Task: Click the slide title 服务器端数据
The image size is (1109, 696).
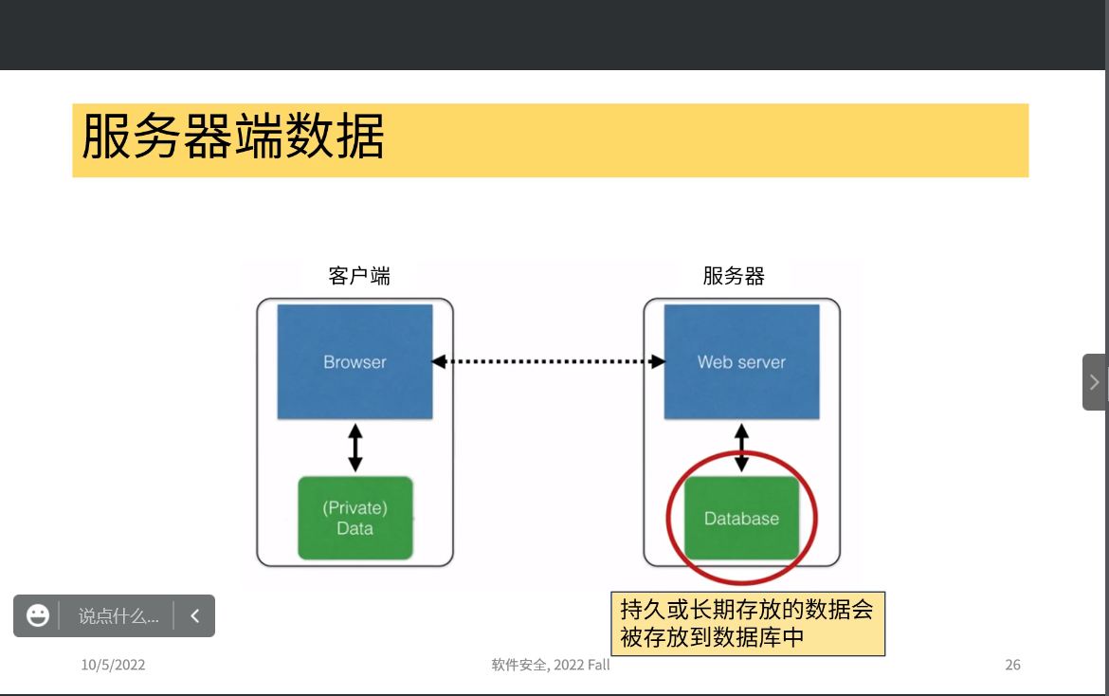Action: [233, 138]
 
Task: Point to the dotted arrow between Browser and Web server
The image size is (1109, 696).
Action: [548, 361]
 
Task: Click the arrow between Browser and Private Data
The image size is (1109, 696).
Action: [355, 448]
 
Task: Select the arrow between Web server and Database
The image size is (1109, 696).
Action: [742, 448]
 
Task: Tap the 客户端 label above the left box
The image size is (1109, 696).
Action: [359, 276]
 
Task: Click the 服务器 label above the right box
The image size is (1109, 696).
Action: [734, 276]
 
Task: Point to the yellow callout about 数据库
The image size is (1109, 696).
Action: [748, 623]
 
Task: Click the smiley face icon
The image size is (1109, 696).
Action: [38, 615]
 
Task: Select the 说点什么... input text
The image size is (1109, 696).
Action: [118, 616]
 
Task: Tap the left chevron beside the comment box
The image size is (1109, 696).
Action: [195, 615]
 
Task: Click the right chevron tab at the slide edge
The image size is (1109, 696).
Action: [1095, 382]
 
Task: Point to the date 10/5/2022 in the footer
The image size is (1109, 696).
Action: [113, 665]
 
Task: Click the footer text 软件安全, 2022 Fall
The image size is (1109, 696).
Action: [551, 665]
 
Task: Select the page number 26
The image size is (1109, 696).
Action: [1012, 665]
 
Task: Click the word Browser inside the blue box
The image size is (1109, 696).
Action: [355, 362]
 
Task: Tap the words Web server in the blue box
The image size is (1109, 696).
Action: [741, 362]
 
